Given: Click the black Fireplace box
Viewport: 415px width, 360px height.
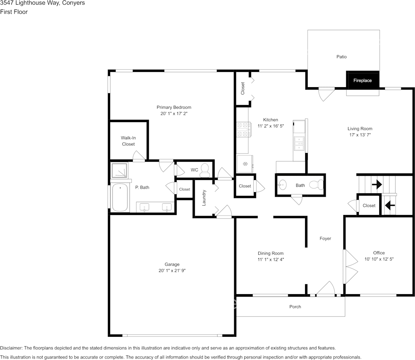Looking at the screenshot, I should pyautogui.click(x=362, y=80).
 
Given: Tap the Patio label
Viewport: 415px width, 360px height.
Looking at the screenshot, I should pyautogui.click(x=341, y=57).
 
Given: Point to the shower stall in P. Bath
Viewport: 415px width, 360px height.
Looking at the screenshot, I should pyautogui.click(x=119, y=170).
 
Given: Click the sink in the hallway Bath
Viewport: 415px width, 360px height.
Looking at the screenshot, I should pyautogui.click(x=281, y=185).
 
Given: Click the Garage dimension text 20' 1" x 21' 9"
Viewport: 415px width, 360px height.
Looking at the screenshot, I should pyautogui.click(x=172, y=271).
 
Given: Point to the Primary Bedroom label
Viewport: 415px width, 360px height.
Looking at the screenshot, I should pyautogui.click(x=174, y=107).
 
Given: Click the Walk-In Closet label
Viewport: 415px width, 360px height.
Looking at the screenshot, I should pyautogui.click(x=128, y=141).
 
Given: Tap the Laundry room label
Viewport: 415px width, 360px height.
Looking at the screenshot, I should pyautogui.click(x=204, y=198).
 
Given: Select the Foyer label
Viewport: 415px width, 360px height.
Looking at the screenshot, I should pyautogui.click(x=325, y=239).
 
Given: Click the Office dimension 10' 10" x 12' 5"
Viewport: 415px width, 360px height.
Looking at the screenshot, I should pyautogui.click(x=378, y=259).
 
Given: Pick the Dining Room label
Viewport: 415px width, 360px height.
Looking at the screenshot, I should pyautogui.click(x=270, y=253).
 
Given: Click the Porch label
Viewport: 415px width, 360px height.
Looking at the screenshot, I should pyautogui.click(x=295, y=307).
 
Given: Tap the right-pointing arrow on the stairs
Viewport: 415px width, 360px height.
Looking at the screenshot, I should pyautogui.click(x=377, y=185).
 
